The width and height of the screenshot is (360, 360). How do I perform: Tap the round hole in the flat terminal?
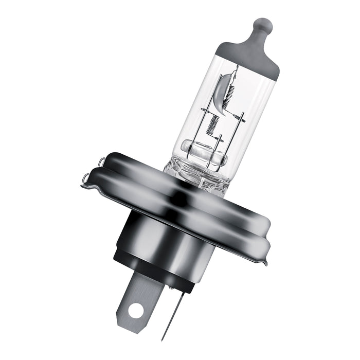pos(136,310)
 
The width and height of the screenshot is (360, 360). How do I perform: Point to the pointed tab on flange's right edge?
pos(265,262)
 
